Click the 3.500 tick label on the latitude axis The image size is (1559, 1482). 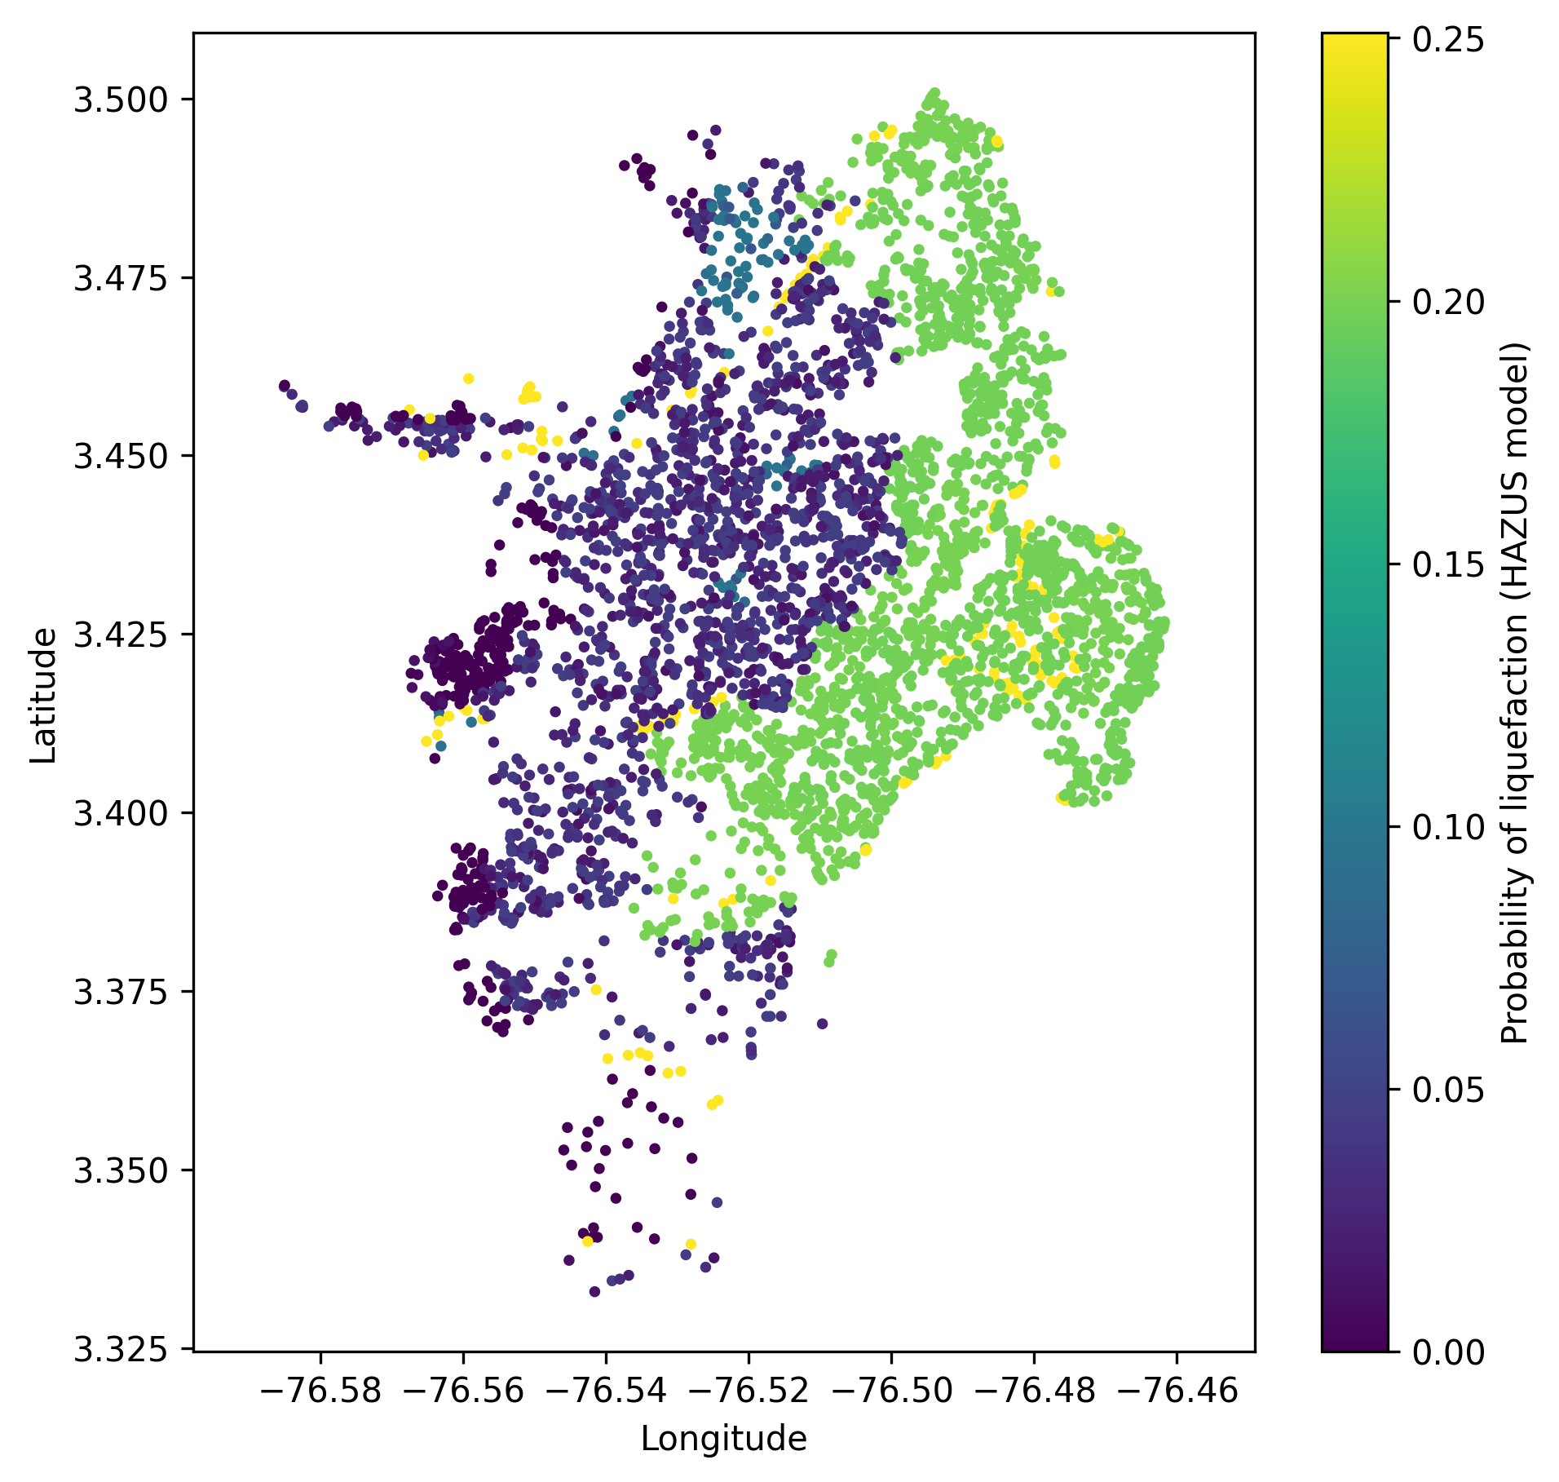point(122,100)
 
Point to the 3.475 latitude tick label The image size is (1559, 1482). point(122,277)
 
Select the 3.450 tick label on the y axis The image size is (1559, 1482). point(122,455)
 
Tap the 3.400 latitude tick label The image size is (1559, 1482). point(122,812)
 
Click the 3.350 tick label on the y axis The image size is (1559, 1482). point(122,1170)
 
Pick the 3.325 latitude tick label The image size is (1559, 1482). point(122,1348)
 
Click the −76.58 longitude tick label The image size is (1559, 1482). point(320,1391)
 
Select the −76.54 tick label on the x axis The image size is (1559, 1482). point(606,1391)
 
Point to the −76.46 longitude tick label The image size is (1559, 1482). point(1177,1391)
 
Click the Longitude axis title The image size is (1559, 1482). point(723,1439)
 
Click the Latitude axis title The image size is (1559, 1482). point(44,695)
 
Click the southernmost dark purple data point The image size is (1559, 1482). point(594,1291)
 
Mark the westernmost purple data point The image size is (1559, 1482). point(285,386)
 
